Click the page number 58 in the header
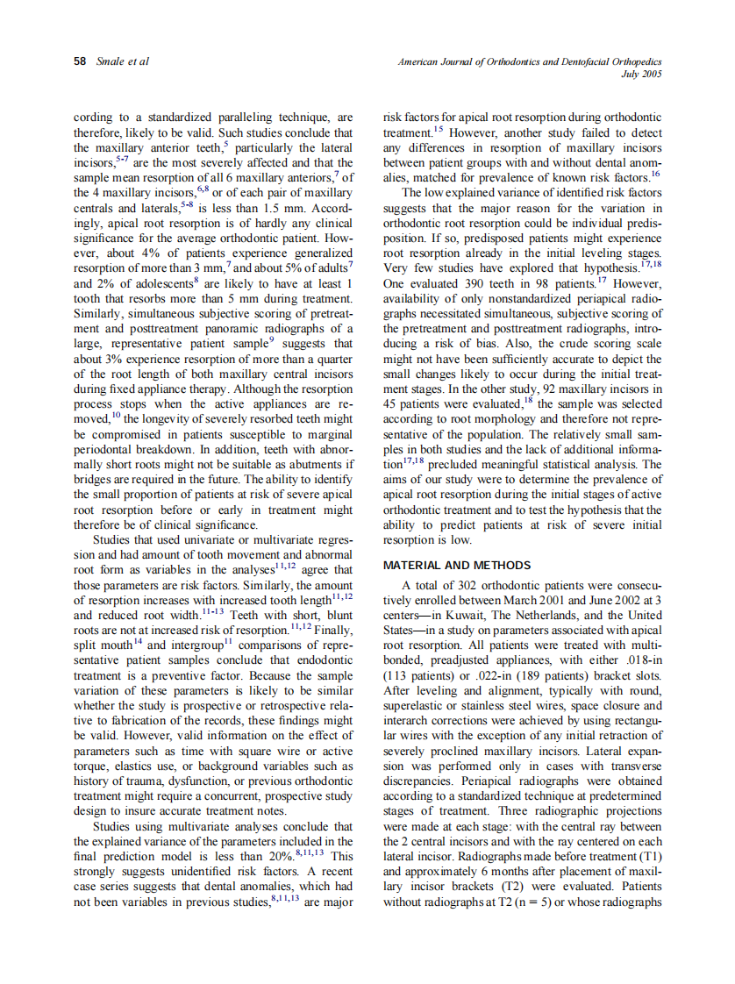tap(80, 61)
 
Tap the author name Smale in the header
tap(111, 61)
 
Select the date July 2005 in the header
tap(641, 75)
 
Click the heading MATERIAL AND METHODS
tap(456, 566)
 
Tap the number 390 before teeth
tap(471, 284)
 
